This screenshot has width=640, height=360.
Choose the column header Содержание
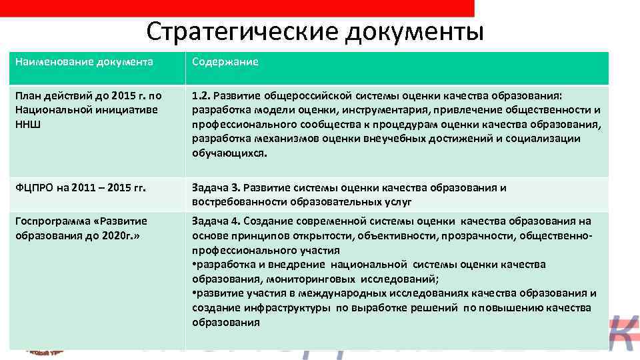click(225, 62)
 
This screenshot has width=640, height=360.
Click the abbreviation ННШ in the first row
click(27, 125)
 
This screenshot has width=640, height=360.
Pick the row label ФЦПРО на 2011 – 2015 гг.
click(81, 188)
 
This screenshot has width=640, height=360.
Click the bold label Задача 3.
click(215, 188)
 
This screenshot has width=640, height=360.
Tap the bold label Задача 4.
click(215, 221)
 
